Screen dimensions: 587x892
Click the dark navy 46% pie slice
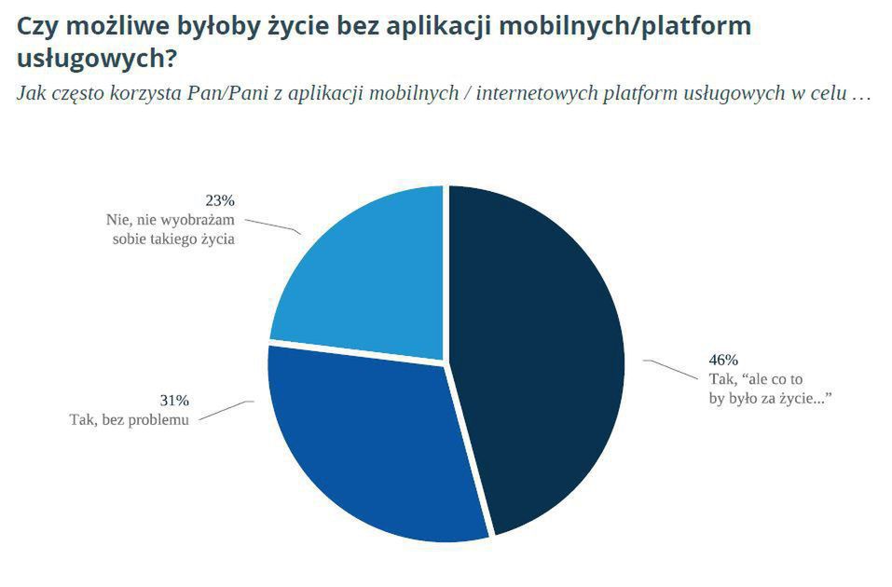(541, 354)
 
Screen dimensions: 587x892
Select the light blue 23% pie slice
(364, 275)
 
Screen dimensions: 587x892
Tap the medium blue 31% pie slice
(373, 438)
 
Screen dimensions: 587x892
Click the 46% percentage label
(723, 360)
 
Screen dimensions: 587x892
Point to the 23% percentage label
(220, 200)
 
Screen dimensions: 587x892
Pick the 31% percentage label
(174, 401)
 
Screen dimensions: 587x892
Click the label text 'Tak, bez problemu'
(130, 419)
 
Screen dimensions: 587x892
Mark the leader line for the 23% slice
(275, 225)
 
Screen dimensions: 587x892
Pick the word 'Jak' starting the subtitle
(33, 94)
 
